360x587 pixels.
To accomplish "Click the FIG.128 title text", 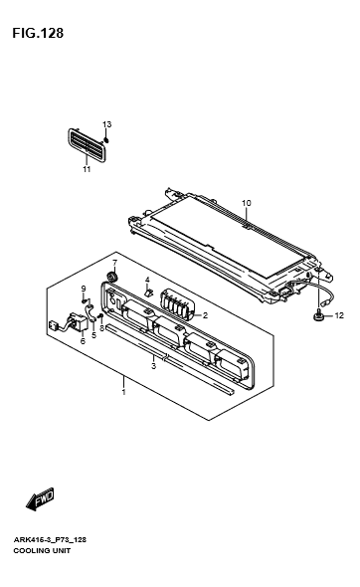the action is click(x=38, y=33).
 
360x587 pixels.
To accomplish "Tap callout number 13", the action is click(x=107, y=124).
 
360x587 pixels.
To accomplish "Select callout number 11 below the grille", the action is click(x=87, y=169).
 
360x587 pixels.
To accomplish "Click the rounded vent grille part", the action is click(x=88, y=145).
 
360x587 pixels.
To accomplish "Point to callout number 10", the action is click(x=247, y=203).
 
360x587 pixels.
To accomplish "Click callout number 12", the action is click(x=339, y=315).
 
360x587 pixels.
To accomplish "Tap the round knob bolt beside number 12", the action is click(x=319, y=316).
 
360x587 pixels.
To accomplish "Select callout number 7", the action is click(x=114, y=262).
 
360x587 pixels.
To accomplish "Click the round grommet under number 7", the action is click(x=112, y=277).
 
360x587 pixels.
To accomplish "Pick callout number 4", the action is click(x=147, y=280).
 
